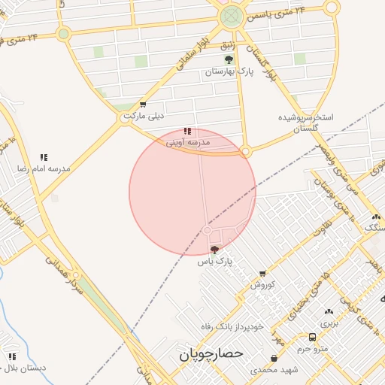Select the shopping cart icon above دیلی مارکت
tap(143, 105)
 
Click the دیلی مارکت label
tap(144, 117)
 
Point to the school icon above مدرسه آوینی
tap(187, 131)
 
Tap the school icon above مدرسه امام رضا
tap(44, 157)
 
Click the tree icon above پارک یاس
tap(215, 249)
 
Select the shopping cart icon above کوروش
tap(262, 274)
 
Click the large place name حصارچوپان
tap(208, 352)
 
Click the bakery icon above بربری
tap(329, 311)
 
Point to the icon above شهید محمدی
tap(273, 358)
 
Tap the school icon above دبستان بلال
tap(11, 356)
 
